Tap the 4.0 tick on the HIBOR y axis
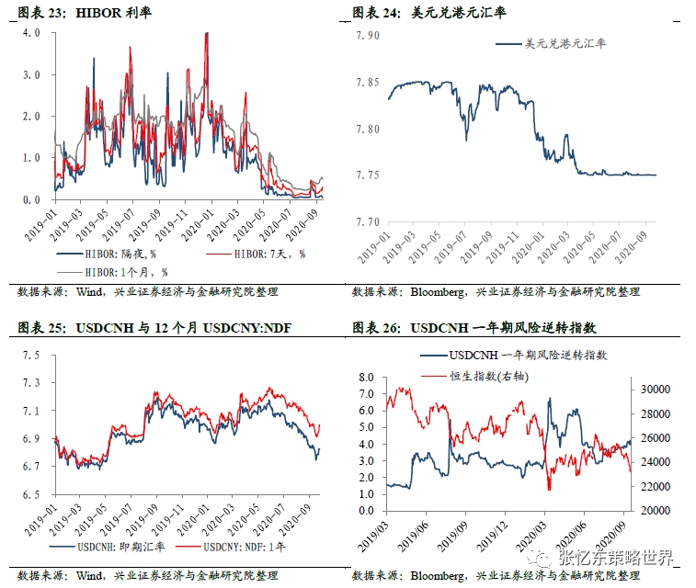click(x=32, y=32)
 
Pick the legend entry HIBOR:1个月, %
click(x=120, y=272)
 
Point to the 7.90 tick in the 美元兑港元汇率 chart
click(x=368, y=36)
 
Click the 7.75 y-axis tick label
click(x=368, y=175)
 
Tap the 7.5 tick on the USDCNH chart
click(x=32, y=356)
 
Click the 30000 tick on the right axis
click(x=655, y=390)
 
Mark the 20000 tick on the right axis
click(x=655, y=511)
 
